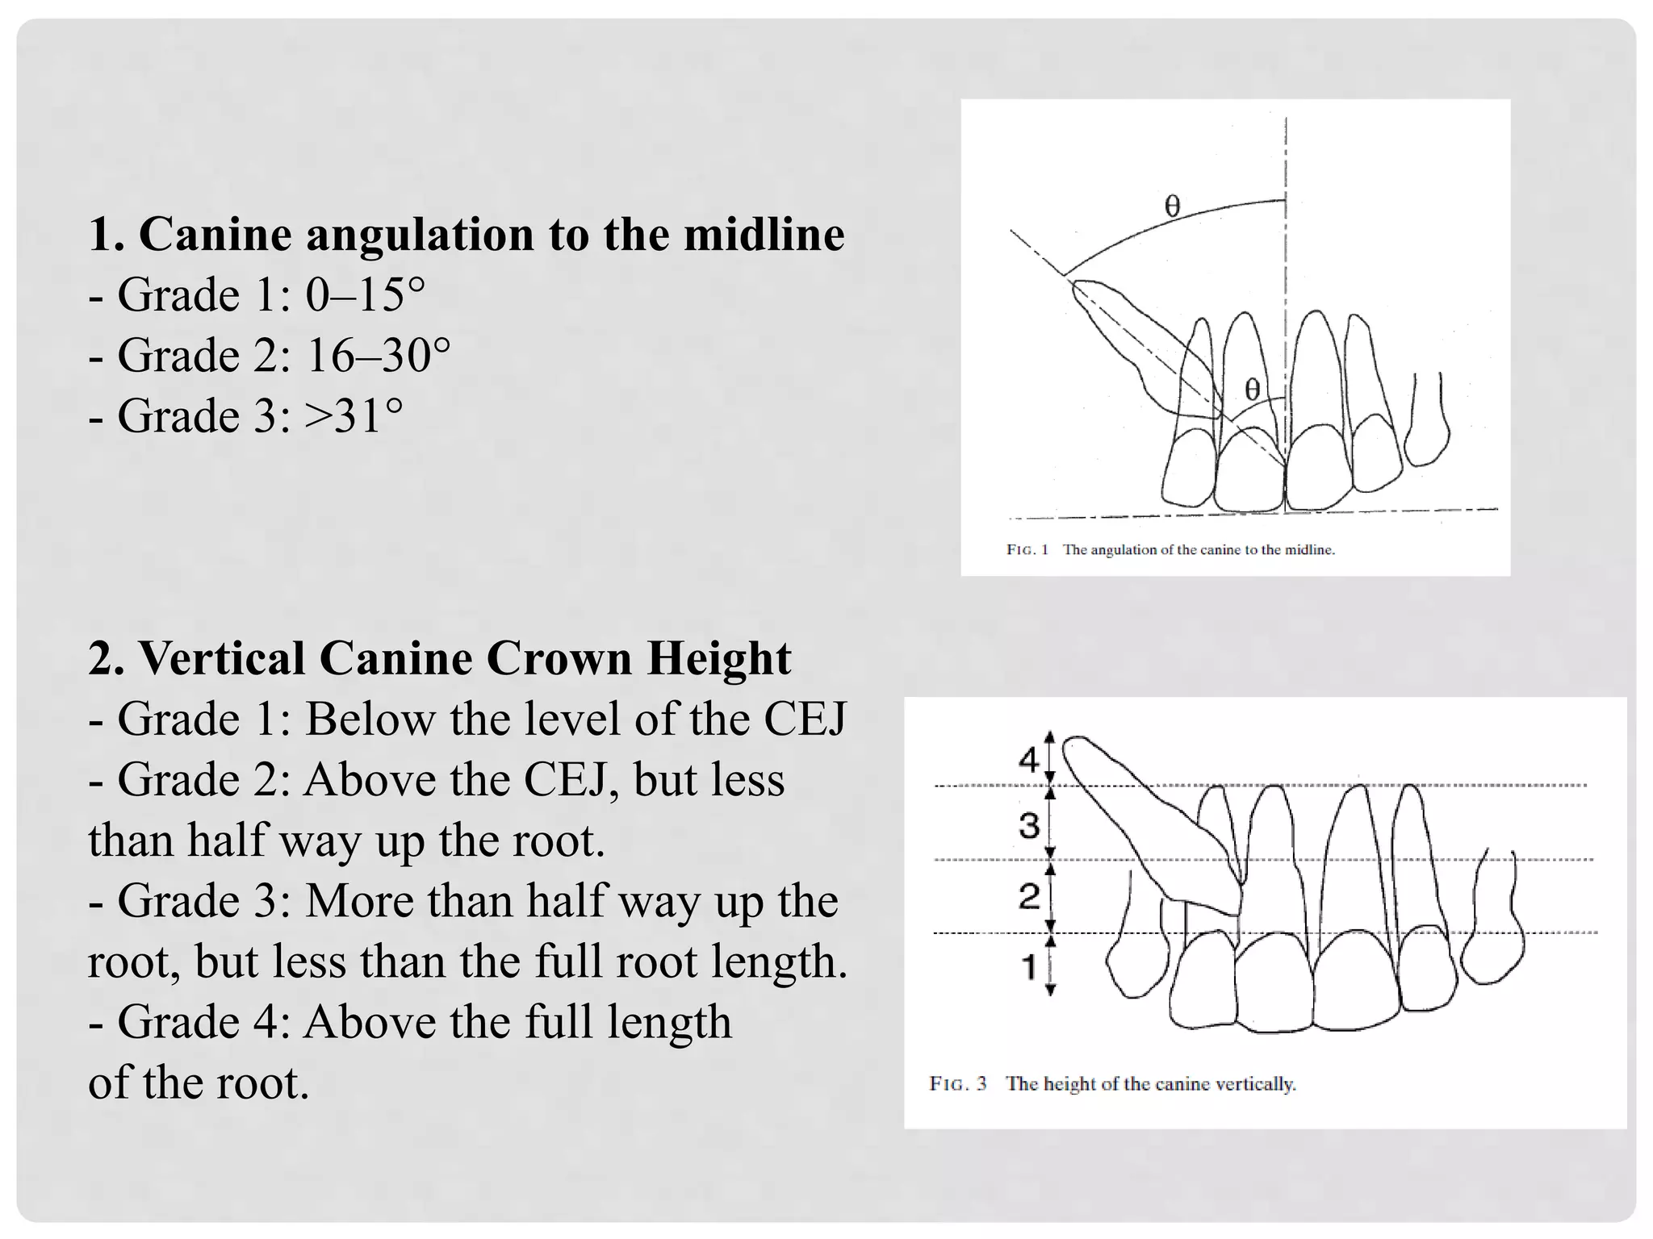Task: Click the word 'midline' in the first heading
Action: [x=764, y=235]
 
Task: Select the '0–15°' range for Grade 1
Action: [x=365, y=295]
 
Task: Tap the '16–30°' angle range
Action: [x=378, y=356]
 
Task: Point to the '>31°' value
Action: [x=354, y=416]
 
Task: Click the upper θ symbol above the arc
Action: [x=1173, y=207]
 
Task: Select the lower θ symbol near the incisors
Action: [x=1252, y=390]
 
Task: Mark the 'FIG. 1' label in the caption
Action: [x=1027, y=550]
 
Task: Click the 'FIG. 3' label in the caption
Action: [x=958, y=1083]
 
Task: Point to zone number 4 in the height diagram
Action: [x=1028, y=759]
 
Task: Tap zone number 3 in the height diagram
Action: [x=1028, y=825]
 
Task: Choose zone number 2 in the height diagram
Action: [x=1028, y=896]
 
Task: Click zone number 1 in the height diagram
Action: [x=1028, y=966]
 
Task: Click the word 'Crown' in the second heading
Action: [x=557, y=658]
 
